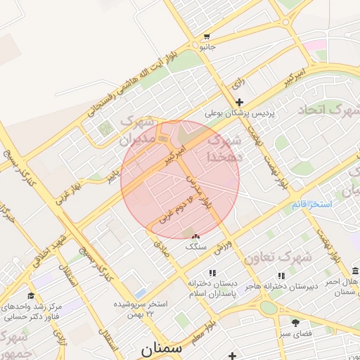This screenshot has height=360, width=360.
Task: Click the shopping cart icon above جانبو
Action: [207, 37]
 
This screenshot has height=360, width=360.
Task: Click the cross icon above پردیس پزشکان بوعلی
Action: [240, 102]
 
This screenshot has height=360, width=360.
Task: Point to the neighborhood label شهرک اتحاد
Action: [328, 110]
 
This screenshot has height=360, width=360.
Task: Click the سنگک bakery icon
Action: [195, 237]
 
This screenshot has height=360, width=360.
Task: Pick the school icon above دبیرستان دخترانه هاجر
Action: [282, 276]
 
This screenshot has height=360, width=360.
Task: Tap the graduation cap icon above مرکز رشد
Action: [31, 296]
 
